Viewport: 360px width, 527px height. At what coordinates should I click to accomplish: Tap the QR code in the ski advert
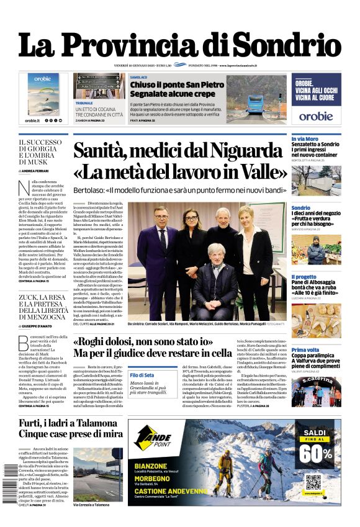314,482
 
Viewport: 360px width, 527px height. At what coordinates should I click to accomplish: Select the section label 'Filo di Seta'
142,376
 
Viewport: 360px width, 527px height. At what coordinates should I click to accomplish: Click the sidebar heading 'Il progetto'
305,277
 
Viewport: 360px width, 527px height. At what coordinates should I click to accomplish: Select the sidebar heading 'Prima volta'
306,350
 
